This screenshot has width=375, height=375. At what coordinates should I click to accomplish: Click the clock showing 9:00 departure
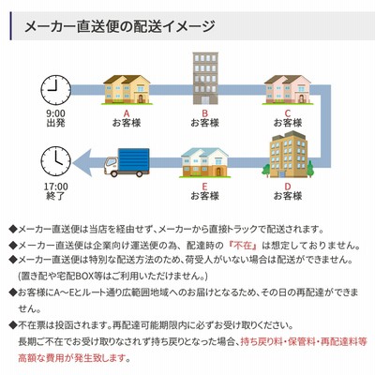pos(56,90)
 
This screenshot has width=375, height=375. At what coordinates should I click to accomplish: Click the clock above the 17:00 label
pos(56,161)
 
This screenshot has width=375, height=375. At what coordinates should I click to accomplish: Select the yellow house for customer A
pos(127,90)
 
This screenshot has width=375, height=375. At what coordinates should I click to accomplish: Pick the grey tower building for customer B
pos(205,78)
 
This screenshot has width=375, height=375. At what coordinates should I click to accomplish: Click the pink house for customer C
pos(288,90)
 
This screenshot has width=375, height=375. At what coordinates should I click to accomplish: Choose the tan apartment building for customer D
pos(288,155)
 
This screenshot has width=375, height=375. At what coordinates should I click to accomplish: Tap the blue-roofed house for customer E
pos(205,162)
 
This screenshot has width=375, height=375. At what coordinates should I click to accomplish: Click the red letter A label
pos(127,113)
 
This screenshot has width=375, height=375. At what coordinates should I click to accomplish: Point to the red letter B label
pos(205,113)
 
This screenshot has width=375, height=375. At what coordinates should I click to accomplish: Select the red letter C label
pos(288,113)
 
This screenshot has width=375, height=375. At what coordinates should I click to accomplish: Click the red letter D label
pos(288,187)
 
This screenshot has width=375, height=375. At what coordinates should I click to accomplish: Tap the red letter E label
pos(204,187)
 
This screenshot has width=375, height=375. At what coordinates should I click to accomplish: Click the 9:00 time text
pos(56,113)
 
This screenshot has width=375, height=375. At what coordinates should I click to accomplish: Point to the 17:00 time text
pos(56,187)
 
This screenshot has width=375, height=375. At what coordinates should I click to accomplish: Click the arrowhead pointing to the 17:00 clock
pos(82,162)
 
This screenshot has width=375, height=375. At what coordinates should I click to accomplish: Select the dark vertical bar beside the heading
pos(11,26)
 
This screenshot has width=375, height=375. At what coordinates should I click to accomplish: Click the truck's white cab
pos(111,166)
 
